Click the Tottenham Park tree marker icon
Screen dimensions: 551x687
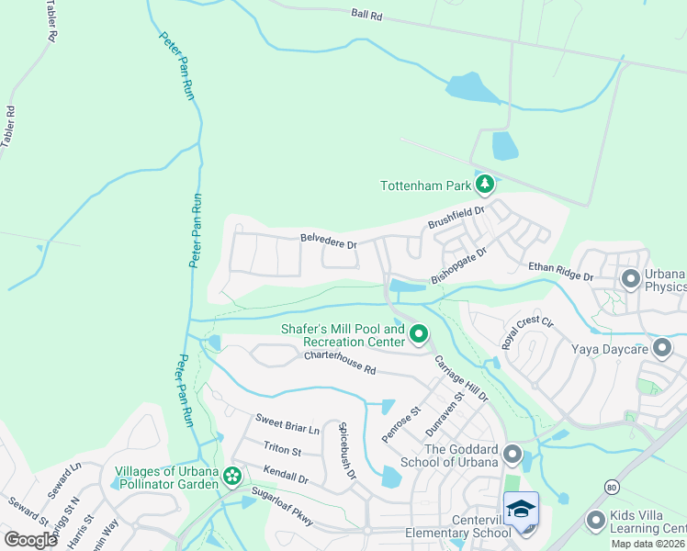485,185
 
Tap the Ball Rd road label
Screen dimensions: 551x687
366,15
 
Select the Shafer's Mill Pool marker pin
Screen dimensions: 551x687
419,334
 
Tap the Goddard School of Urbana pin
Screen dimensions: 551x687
512,455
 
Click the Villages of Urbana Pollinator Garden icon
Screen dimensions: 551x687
232,476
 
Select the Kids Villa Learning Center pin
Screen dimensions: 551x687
595,521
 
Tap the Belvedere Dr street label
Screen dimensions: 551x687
328,242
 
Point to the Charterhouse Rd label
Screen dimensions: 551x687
341,364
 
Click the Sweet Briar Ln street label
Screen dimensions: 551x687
287,424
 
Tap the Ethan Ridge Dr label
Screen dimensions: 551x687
560,270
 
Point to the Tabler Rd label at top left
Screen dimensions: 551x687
51,22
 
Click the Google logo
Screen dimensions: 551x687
30,539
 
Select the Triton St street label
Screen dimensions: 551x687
282,449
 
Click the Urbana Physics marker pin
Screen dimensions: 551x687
630,277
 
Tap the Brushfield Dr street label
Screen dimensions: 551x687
456,219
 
